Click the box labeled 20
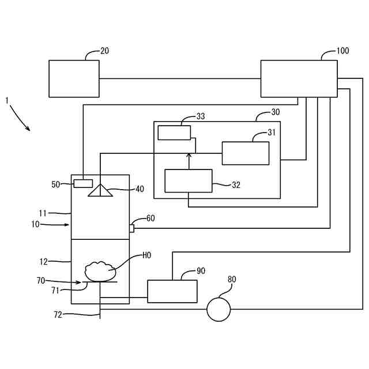[x=74, y=78]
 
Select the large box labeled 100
[x=299, y=78]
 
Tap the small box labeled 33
[x=174, y=133]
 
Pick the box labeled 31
[x=246, y=153]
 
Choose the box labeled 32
[x=189, y=181]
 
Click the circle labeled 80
[x=219, y=309]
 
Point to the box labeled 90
[x=172, y=291]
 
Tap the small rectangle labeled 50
[x=83, y=183]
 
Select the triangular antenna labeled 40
[x=100, y=190]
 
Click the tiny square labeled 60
[x=132, y=228]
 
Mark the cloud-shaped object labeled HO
[x=100, y=272]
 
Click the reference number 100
[x=342, y=51]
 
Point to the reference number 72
[x=58, y=315]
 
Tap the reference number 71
[x=55, y=291]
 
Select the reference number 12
[x=44, y=262]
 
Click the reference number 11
[x=43, y=213]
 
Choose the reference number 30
[x=276, y=112]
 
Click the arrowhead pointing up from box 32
[x=189, y=155]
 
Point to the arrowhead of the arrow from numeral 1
[x=28, y=128]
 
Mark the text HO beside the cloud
[x=147, y=255]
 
